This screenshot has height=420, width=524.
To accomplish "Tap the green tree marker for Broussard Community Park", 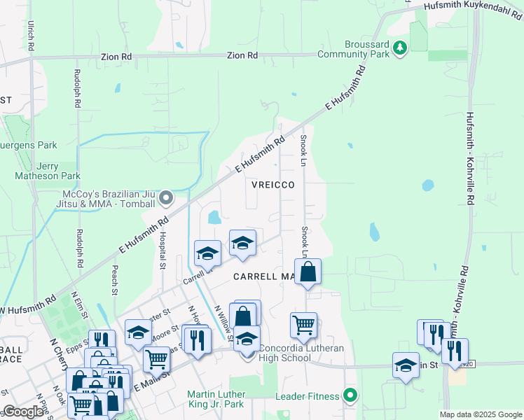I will point(400,48).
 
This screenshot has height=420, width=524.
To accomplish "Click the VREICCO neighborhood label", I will point(269,184).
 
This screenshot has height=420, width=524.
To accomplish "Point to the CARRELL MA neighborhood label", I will point(263,276).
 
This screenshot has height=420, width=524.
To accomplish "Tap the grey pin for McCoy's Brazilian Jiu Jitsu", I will point(166,198).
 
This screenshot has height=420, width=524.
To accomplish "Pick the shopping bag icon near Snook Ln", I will point(308,271).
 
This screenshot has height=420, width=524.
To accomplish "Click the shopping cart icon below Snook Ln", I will point(303,325).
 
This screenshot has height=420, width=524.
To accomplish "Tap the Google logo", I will point(23,412).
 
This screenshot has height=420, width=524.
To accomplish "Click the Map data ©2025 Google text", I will point(481,414).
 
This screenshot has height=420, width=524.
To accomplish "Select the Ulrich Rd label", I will point(31,35).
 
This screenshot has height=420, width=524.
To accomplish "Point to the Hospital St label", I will point(162,250).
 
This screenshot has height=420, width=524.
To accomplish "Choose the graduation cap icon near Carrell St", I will point(207,253).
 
